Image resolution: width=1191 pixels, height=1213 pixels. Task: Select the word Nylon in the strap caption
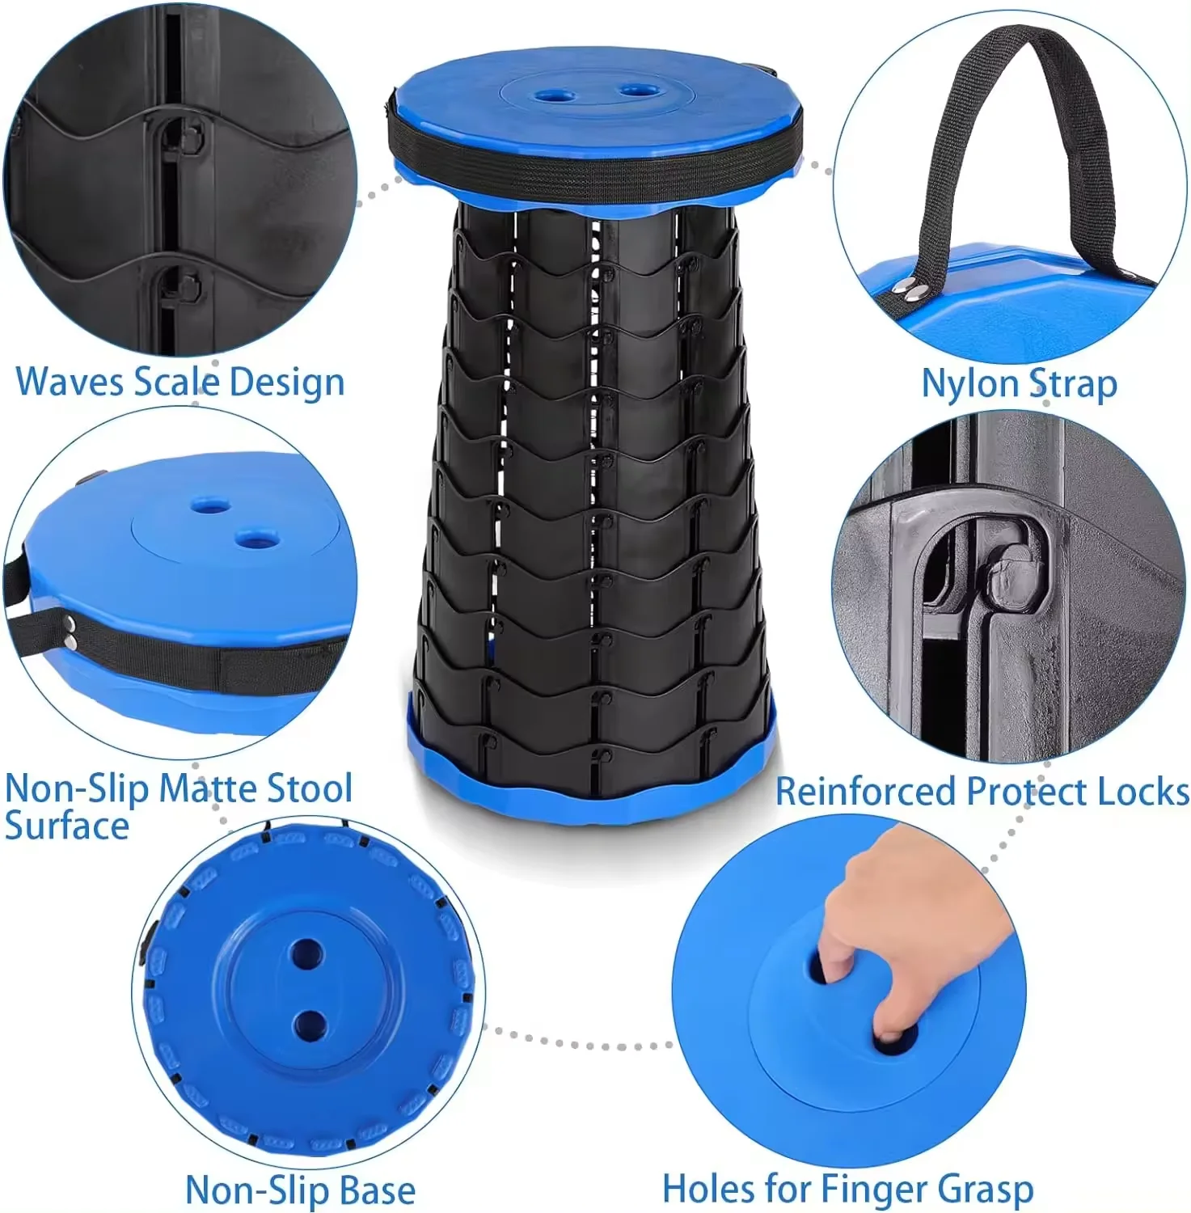pyautogui.click(x=968, y=384)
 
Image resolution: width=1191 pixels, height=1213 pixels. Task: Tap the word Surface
pyautogui.click(x=67, y=826)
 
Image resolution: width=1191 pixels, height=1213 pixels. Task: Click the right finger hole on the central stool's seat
pyautogui.click(x=640, y=91)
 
